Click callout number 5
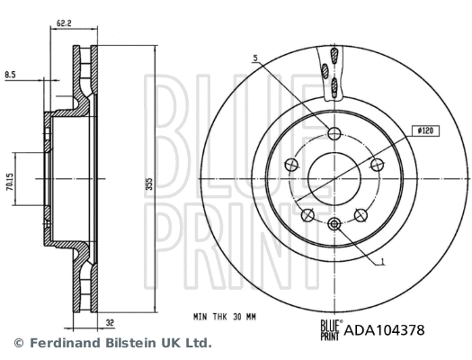point(255,58)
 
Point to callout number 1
point(383,262)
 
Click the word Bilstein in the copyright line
point(119,343)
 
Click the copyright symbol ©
point(18,343)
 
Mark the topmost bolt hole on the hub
point(334,135)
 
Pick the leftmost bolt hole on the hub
point(292,165)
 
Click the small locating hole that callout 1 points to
point(334,223)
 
